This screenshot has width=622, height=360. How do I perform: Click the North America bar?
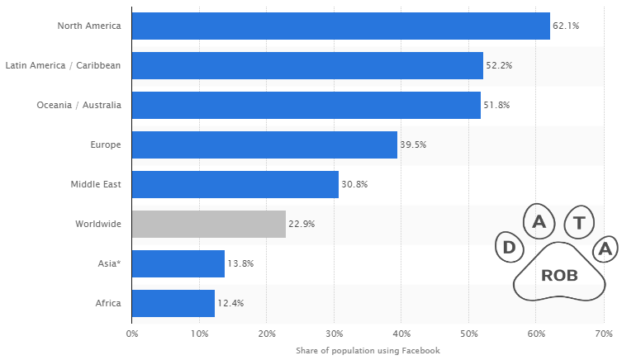[x=340, y=26]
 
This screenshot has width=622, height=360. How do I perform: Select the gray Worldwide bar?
[x=209, y=224]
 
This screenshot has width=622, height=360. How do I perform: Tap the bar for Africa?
[x=173, y=303]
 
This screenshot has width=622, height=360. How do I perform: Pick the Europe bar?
[x=264, y=144]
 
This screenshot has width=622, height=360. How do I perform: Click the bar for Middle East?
[x=235, y=184]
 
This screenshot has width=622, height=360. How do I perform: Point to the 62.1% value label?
[x=566, y=26]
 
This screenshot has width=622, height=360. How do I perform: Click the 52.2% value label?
[x=499, y=65]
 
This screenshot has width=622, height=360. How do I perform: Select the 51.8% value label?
[x=496, y=105]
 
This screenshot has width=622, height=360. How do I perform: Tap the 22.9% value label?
[x=302, y=224]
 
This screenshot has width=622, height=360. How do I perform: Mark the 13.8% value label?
[x=240, y=263]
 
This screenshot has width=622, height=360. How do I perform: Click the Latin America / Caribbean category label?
[x=63, y=65]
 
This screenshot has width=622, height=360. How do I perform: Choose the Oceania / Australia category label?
[x=78, y=105]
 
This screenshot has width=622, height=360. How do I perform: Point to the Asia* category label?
[x=109, y=263]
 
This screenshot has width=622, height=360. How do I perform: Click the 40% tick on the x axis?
[x=401, y=334]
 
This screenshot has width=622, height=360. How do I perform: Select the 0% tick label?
[x=132, y=334]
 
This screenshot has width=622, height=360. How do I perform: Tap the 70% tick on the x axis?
[x=603, y=334]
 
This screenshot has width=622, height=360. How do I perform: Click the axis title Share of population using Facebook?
[x=368, y=351]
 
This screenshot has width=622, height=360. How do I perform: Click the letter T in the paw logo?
[x=580, y=222]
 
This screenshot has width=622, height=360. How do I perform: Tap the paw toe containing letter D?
[x=510, y=247]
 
